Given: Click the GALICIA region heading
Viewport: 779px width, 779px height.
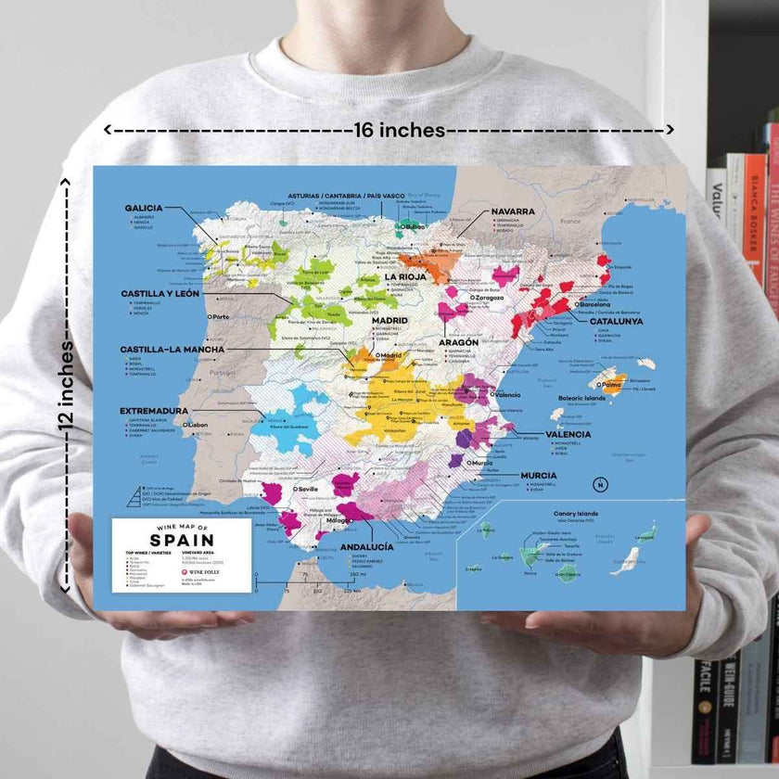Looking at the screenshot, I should click(144, 208).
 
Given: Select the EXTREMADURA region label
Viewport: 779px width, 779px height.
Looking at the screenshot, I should click(154, 410).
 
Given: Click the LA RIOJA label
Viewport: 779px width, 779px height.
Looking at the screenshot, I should click(405, 276).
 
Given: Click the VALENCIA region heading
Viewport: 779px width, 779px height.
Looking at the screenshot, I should click(568, 434).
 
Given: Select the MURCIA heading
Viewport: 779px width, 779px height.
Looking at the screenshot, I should click(539, 475).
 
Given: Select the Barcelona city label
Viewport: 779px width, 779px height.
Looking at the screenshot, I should click(594, 304).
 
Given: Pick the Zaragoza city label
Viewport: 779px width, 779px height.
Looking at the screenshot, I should click(487, 298).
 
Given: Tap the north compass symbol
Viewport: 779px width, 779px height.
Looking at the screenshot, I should click(600, 484).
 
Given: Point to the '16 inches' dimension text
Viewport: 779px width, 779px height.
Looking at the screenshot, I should click(400, 130).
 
